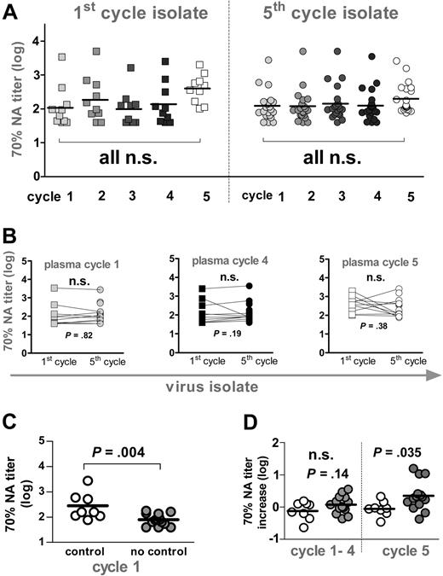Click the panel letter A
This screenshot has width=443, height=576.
click(x=11, y=10)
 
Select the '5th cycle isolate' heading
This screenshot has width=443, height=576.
click(x=332, y=15)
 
